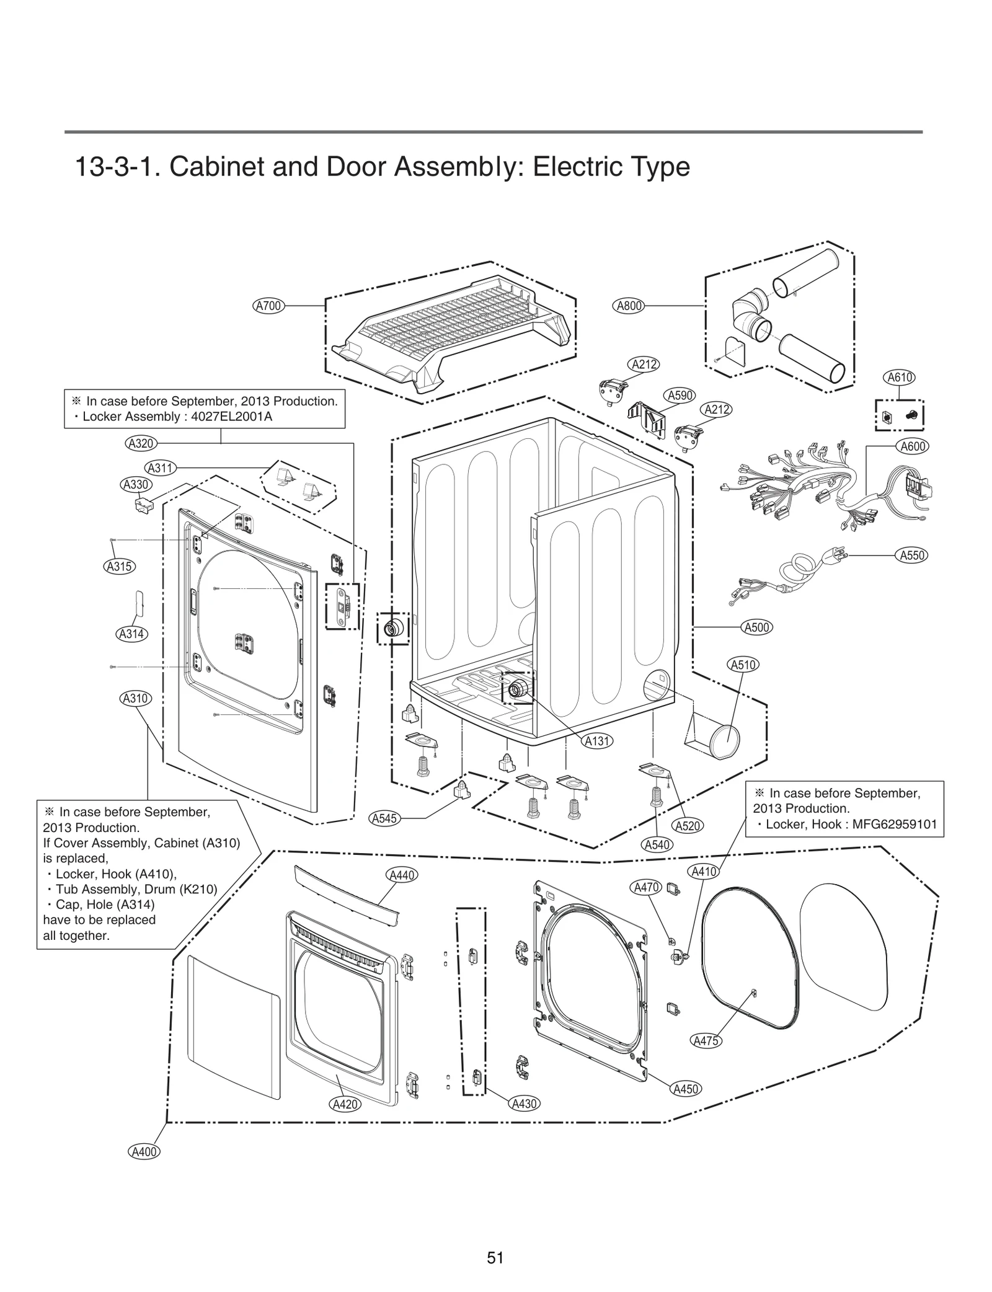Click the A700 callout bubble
point(269,305)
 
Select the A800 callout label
point(629,305)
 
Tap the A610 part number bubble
point(899,377)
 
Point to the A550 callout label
point(913,555)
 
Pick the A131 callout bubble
point(597,740)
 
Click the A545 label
point(384,818)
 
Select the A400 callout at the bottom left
point(144,1152)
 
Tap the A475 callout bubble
point(706,1041)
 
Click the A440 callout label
point(402,875)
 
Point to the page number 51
point(495,1257)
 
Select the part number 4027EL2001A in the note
point(232,417)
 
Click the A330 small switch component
point(143,505)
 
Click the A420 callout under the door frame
point(345,1104)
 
